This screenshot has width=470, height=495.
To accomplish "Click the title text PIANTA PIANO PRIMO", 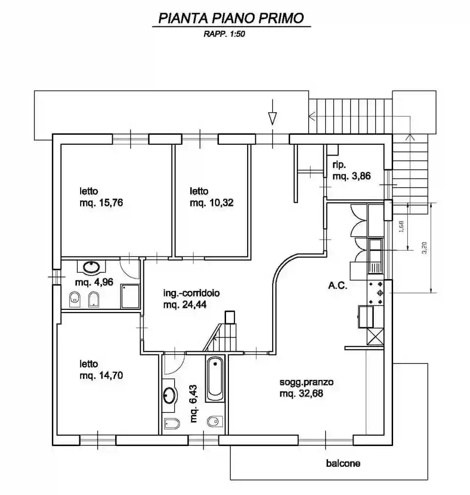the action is click(x=231, y=18).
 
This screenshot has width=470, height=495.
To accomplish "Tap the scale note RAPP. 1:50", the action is click(x=224, y=34).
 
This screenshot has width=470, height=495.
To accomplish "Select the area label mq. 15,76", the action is click(x=101, y=203).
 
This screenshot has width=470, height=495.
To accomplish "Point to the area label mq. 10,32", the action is click(x=211, y=203).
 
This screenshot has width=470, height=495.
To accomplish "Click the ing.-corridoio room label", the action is click(x=191, y=293).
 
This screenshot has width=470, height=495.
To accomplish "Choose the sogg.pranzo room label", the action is click(x=306, y=382).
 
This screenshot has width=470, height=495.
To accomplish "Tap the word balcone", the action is click(x=343, y=463).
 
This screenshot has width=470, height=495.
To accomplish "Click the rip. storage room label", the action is click(x=339, y=165).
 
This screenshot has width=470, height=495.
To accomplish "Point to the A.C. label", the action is click(x=337, y=286).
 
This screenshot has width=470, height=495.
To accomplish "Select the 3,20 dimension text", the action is click(x=425, y=248).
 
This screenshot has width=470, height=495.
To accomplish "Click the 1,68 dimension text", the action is click(x=401, y=227).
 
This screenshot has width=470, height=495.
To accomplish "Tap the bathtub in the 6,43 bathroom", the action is click(x=215, y=379).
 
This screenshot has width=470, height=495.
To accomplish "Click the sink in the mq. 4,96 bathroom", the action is click(x=92, y=267).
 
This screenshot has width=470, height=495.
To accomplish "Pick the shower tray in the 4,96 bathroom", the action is click(x=130, y=296).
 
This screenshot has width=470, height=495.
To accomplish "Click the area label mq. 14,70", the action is click(x=101, y=375).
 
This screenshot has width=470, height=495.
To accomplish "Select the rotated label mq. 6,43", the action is click(x=193, y=404).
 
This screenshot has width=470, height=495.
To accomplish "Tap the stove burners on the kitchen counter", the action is click(x=376, y=293).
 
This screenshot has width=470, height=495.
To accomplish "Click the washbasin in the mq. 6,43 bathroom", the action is click(x=169, y=395).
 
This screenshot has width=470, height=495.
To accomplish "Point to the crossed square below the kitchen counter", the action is click(x=375, y=337).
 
